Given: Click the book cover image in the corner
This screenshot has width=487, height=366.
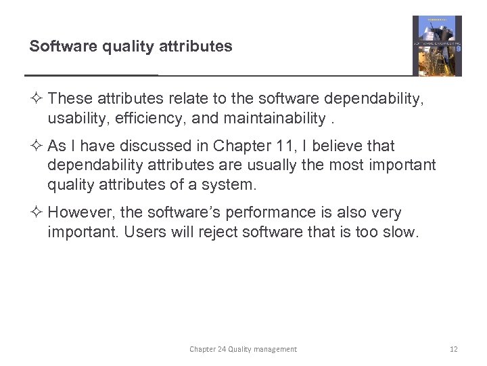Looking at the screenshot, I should coord(437,45).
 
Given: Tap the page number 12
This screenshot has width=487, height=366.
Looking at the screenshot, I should coord(454,349).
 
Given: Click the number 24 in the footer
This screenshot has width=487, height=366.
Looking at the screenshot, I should coord(221,349).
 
